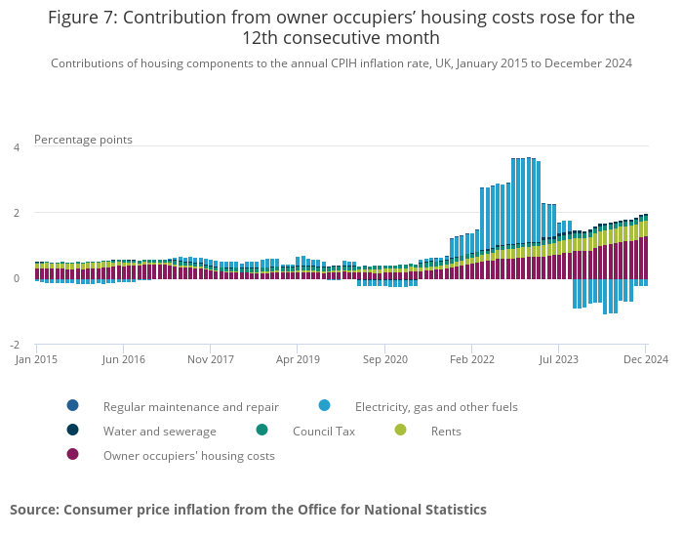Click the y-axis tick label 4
point(16,147)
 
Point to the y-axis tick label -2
point(15,345)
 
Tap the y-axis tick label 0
point(16,278)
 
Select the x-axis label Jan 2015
point(36,359)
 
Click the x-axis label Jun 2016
point(124,359)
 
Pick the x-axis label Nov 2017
point(211,359)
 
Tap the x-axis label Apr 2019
point(298,359)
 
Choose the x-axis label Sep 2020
point(384,359)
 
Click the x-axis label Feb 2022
point(472,359)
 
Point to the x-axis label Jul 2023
point(559,359)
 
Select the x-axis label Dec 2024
point(646,359)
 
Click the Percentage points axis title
point(83,140)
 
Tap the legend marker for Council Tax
point(261,431)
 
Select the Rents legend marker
point(400,431)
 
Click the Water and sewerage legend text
point(160,431)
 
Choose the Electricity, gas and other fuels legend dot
point(324,406)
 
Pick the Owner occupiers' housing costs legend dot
point(72,455)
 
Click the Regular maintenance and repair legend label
point(191,406)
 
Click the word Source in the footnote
point(34,510)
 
